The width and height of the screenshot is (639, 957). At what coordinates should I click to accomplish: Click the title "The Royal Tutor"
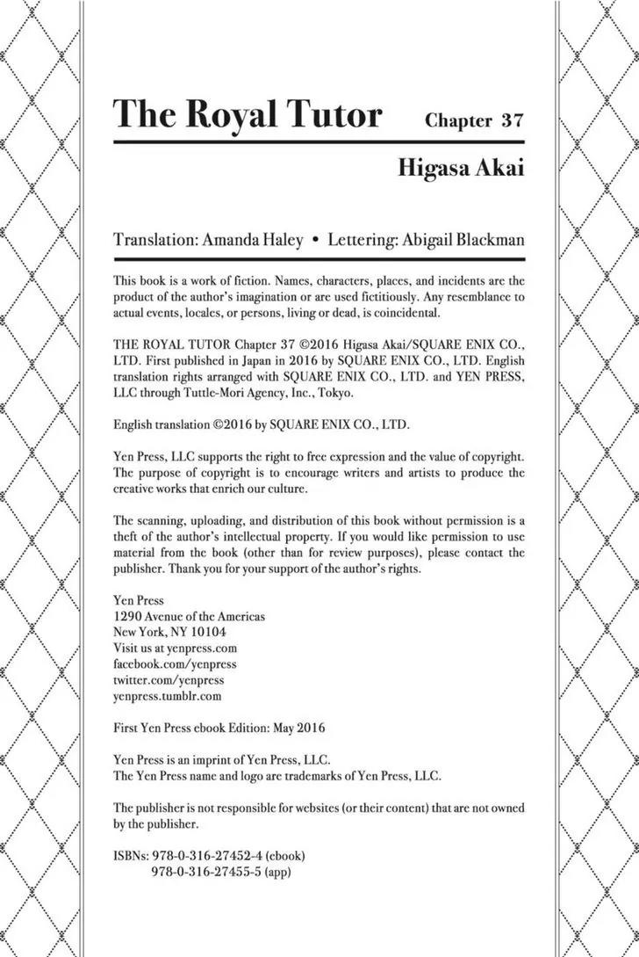(x=248, y=114)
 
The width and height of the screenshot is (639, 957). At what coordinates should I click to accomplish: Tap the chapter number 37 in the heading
(x=513, y=120)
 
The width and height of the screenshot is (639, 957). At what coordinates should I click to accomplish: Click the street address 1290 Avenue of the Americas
(x=189, y=616)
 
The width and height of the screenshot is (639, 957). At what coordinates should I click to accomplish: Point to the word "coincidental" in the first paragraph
(x=407, y=313)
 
